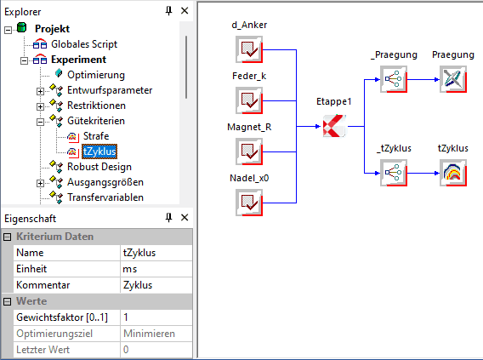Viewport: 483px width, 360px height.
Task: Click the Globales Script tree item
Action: coord(84,44)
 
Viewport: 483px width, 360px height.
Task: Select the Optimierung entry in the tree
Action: coord(96,75)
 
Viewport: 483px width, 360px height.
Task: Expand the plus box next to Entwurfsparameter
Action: coord(40,91)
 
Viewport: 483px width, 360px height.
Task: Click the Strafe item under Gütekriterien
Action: coord(96,136)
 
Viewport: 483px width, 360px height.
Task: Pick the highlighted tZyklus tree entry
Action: coord(99,151)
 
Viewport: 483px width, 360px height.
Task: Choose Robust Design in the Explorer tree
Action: coord(99,167)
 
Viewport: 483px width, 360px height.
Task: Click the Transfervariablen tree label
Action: coord(105,197)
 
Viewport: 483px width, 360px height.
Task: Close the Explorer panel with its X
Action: coord(185,11)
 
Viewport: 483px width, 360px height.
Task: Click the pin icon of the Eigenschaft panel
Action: coord(168,218)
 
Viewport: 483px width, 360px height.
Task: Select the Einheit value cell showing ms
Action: coord(156,269)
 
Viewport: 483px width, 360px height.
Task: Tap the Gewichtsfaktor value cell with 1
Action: coord(156,317)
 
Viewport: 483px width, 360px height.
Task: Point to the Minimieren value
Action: coord(149,334)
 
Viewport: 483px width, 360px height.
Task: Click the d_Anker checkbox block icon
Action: coord(249,49)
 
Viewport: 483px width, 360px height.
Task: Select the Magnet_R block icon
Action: coord(249,151)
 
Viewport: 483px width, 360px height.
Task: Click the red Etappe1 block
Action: coord(334,126)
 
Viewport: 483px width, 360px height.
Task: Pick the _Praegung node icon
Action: coord(394,79)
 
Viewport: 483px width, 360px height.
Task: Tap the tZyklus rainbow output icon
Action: coord(453,173)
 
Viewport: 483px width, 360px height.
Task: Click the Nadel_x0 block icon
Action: coord(249,203)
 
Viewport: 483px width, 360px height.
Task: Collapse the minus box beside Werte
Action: coord(7,301)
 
